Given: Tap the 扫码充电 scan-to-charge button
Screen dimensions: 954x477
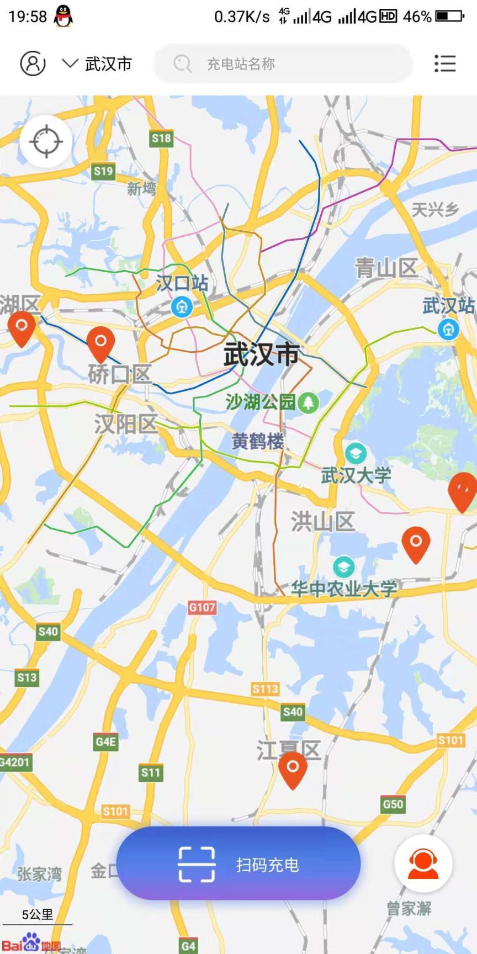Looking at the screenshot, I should tap(239, 864).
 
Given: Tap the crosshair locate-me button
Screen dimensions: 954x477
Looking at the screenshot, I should tap(46, 141).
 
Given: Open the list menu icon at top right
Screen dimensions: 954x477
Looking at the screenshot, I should tap(444, 63).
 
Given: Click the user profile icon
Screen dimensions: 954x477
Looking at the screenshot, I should tap(33, 63).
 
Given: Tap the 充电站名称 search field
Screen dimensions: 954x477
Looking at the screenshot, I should tap(283, 64).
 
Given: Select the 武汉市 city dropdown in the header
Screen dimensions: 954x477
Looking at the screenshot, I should tap(97, 64).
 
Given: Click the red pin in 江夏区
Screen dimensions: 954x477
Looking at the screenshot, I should tap(293, 768).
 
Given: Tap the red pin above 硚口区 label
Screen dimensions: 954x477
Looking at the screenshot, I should tap(100, 343).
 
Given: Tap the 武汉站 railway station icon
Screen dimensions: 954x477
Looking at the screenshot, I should tap(448, 330).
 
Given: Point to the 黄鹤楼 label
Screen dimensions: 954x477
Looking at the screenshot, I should tap(257, 441).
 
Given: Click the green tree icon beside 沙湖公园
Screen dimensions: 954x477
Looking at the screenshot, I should tap(308, 402).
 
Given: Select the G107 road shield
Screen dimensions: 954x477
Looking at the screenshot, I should tap(202, 608).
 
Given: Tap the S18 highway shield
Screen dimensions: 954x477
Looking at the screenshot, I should tap(161, 139).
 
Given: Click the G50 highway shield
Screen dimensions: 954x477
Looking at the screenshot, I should tap(393, 804).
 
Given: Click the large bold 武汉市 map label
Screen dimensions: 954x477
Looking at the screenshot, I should tap(261, 354).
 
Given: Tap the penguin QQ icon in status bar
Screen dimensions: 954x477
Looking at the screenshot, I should tap(63, 17).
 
